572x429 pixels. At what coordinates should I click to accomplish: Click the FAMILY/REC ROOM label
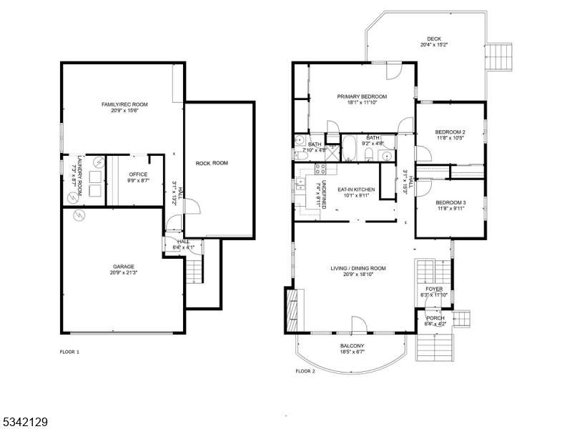119,104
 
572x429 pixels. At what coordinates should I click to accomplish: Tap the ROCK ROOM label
212,163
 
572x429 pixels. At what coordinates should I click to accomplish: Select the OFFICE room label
138,174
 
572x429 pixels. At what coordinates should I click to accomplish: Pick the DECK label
434,39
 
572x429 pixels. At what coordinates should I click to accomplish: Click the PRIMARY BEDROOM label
362,97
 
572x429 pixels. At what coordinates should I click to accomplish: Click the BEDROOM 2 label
450,132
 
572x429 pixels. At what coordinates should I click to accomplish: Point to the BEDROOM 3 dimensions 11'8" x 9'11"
450,209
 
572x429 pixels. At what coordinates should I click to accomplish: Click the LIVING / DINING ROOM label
357,268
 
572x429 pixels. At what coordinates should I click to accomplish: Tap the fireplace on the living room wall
291,309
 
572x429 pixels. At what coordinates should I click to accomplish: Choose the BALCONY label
351,345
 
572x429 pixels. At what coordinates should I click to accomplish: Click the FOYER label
434,289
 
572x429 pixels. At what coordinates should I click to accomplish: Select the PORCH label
435,318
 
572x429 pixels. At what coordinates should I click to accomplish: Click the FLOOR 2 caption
305,371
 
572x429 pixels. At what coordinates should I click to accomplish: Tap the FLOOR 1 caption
69,352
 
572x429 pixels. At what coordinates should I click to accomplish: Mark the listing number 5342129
24,422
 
